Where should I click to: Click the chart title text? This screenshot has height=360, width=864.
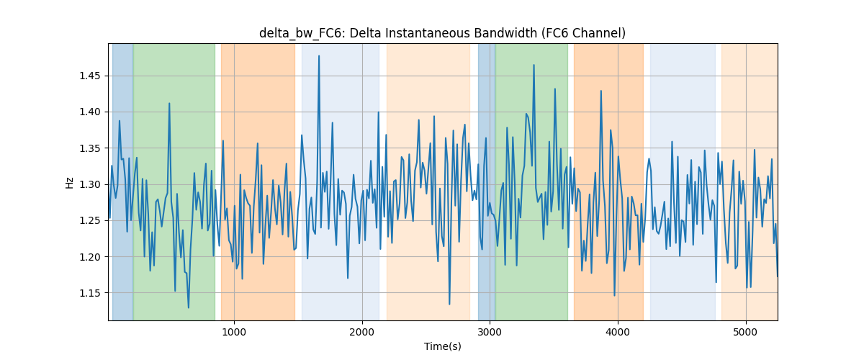coord(442,33)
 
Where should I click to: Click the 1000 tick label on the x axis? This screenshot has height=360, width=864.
coord(234,333)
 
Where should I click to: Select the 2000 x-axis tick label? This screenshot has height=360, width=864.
coord(362,333)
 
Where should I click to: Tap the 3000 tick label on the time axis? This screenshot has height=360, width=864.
coord(490,333)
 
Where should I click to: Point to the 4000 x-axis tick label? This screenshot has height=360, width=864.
coord(618,333)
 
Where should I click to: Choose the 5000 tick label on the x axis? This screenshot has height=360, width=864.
coord(746,333)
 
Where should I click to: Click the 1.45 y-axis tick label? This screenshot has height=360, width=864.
coord(90,76)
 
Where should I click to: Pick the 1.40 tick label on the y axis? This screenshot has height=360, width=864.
coord(90,112)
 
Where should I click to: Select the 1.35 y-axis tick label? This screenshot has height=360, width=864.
coord(90,148)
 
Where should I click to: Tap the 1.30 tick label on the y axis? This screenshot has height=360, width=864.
coord(90,184)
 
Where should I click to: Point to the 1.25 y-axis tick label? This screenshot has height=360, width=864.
coord(90,221)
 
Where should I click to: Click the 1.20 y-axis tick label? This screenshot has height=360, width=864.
coord(90,257)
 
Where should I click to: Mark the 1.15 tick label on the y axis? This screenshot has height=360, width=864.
coord(90,293)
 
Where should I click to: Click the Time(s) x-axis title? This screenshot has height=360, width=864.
coord(442,346)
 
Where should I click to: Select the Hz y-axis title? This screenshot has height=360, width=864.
coord(69,182)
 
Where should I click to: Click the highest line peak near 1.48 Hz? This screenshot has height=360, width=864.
coord(318,56)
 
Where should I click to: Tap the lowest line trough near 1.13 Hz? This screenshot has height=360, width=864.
coord(188,307)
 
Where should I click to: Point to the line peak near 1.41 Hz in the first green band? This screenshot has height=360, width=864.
coord(169,104)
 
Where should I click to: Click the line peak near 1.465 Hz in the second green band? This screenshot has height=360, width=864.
coord(534,66)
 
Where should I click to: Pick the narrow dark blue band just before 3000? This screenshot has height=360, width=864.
coord(487,181)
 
